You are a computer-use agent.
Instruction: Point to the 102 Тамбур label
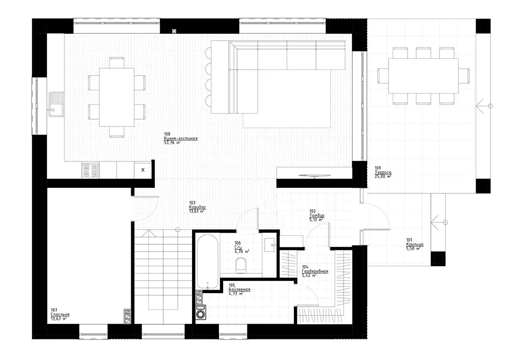coord(316,215)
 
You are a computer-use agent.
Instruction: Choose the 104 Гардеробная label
coord(315,272)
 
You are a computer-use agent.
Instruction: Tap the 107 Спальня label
coord(60,315)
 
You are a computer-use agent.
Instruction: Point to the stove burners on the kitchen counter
coord(90,170)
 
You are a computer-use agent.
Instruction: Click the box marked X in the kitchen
coord(143,170)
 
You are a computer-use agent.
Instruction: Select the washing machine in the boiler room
coord(201,313)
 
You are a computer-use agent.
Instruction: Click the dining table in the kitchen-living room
coord(117,97)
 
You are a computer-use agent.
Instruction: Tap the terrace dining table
coord(423,76)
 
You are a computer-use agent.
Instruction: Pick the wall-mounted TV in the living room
coord(315,175)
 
